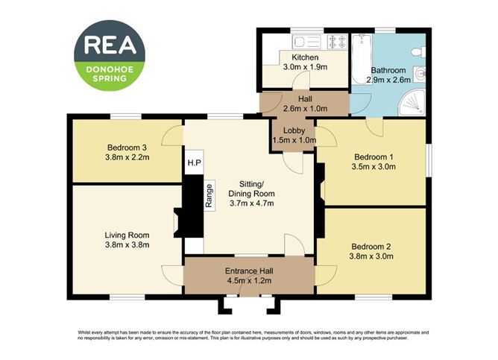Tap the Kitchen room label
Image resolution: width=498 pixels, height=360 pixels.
coord(305,57)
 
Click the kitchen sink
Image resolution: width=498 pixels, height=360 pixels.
coord(303,40)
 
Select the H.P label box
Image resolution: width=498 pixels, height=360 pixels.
coord(194,162)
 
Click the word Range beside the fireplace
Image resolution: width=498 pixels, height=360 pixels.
coord(210,196)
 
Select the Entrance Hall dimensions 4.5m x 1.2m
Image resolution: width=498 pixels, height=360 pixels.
coord(248,281)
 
